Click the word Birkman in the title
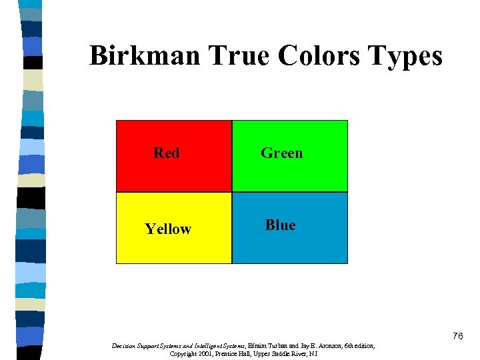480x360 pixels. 144,56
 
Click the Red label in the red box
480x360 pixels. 167,153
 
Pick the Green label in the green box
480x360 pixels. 281,153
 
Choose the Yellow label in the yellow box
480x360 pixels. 168,229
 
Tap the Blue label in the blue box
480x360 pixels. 280,225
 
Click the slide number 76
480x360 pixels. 457,336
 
